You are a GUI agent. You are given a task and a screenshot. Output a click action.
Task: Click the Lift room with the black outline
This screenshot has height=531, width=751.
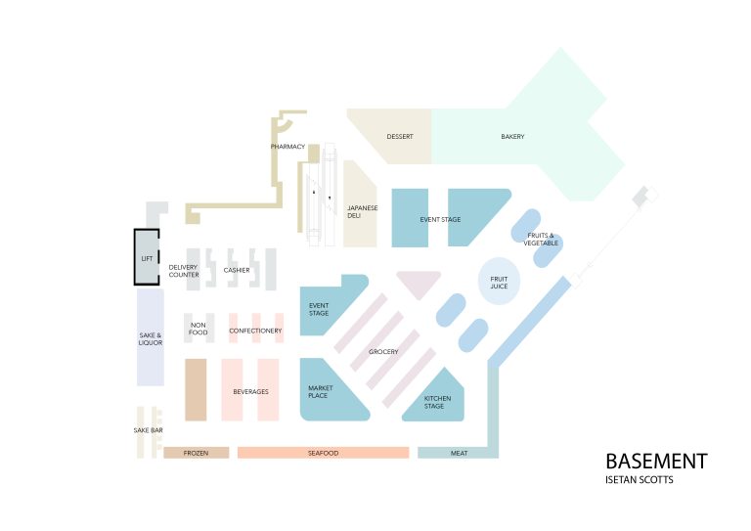pyautogui.click(x=147, y=257)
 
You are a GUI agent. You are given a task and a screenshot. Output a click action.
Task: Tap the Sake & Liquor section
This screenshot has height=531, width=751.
pyautogui.click(x=150, y=336)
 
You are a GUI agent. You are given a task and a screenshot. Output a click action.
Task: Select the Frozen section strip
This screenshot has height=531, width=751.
pyautogui.click(x=196, y=453)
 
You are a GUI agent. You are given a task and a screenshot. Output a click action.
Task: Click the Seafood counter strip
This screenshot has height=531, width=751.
pyautogui.click(x=323, y=453)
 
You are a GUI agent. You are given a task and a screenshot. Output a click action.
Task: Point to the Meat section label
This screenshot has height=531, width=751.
pyautogui.click(x=459, y=453)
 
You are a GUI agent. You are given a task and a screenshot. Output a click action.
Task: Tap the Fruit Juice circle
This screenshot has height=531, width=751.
pyautogui.click(x=499, y=282)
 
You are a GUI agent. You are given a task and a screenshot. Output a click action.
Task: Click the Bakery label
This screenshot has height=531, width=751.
pyautogui.click(x=512, y=137)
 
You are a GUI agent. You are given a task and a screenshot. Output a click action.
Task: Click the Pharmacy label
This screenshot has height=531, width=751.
pyautogui.click(x=287, y=147)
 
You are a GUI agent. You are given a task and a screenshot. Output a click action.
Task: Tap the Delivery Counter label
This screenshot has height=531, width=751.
pyautogui.click(x=184, y=271)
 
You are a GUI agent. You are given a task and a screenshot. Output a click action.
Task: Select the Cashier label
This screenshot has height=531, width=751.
pyautogui.click(x=237, y=270)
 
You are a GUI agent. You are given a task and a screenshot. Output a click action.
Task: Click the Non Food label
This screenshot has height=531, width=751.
pyautogui.click(x=199, y=329)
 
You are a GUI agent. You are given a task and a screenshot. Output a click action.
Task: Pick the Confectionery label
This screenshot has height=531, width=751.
pyautogui.click(x=255, y=331)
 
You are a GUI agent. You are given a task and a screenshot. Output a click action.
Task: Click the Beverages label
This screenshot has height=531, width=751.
pyautogui.click(x=250, y=391)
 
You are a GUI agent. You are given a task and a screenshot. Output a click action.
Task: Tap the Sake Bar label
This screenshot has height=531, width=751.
pyautogui.click(x=148, y=430)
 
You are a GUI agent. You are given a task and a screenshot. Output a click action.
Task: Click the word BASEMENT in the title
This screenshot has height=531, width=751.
pyautogui.click(x=655, y=461)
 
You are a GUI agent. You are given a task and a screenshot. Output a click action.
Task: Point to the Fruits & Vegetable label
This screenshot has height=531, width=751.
pyautogui.click(x=541, y=239)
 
